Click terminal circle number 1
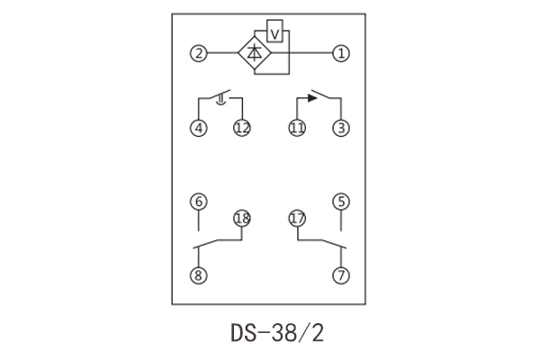coord(340,54)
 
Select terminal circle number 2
coord(197,54)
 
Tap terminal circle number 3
coord(340,128)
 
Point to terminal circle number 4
coord(198,128)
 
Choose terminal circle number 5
coord(340,202)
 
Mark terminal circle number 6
coord(198,202)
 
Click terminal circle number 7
coord(340,275)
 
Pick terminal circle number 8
coord(198,275)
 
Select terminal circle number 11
coord(297,128)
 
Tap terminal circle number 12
coord(241,128)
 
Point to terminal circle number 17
coord(297,218)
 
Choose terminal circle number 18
coord(241,218)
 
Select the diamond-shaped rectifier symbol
coord(255,54)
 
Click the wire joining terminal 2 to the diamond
coord(221,54)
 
